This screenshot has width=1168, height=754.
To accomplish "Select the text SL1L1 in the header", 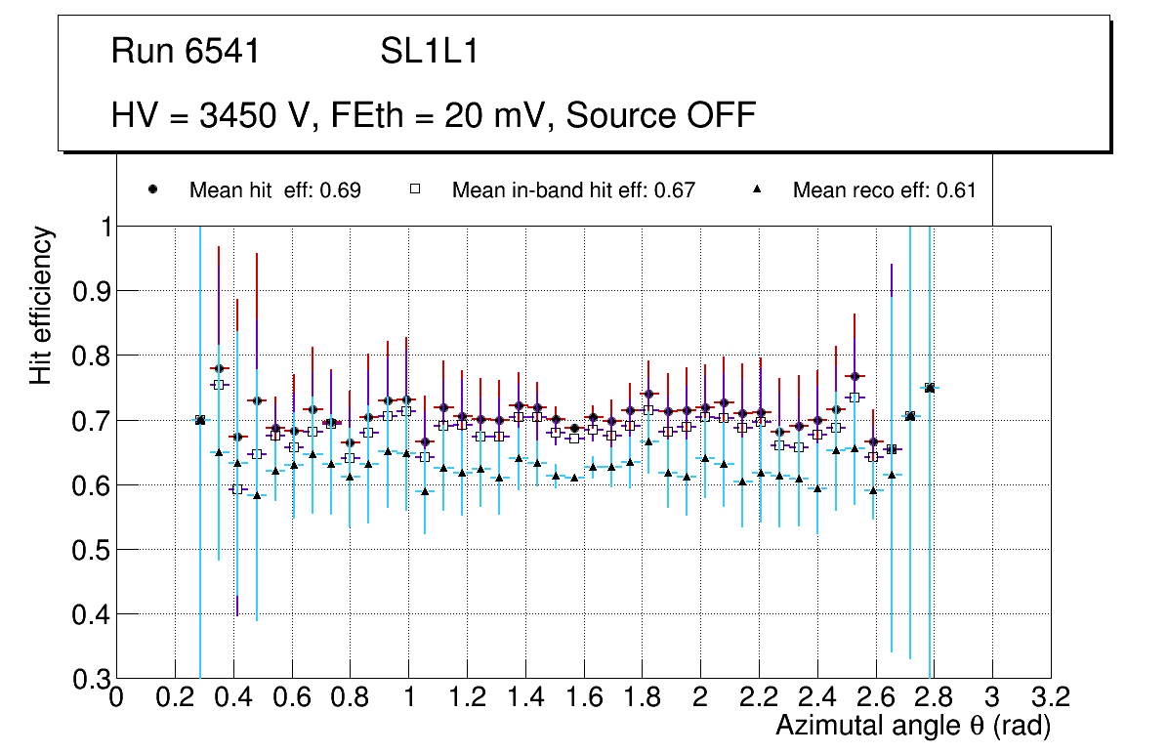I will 429,52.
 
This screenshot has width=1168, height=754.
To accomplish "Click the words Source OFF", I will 661,115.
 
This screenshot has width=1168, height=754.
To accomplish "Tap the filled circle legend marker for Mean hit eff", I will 152,189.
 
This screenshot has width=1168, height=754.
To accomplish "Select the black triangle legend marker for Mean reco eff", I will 756,189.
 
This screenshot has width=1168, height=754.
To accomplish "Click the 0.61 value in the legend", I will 956,190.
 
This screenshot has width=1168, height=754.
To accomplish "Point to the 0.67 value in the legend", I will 675,190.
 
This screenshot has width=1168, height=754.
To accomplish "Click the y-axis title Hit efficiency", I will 41,306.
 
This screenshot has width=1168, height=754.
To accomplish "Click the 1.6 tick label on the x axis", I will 584,697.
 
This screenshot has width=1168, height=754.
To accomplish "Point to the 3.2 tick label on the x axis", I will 1051,697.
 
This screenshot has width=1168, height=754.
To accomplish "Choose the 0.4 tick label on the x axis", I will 233,697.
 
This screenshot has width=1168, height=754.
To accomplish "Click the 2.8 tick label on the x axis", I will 935,697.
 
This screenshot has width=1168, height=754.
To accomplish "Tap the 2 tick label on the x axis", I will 701,697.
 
